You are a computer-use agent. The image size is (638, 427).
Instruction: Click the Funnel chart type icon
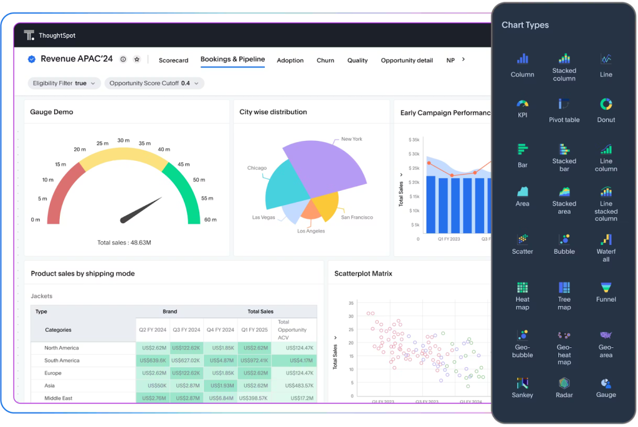[606, 287]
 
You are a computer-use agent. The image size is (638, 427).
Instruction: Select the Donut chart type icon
[606, 104]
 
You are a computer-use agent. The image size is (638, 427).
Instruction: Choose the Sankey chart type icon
[522, 383]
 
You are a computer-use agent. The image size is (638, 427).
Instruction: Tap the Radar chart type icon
[564, 383]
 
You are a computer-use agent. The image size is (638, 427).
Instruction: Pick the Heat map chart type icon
[522, 287]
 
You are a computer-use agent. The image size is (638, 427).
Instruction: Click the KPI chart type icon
[522, 104]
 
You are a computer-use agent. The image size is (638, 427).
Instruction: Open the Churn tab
[325, 60]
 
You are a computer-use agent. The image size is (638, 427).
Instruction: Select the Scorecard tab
[173, 60]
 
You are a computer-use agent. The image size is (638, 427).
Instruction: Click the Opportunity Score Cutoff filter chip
[154, 83]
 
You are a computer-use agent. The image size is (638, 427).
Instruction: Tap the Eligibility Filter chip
[63, 83]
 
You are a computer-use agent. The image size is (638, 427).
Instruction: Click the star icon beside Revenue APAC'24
[137, 59]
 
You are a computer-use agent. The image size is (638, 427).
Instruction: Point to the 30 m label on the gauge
[123, 140]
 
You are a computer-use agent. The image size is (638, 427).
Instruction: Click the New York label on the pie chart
[351, 139]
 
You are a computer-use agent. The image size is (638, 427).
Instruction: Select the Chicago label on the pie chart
[257, 168]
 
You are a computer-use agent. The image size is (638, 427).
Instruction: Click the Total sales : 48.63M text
[124, 242]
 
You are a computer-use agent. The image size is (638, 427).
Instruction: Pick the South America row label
[62, 360]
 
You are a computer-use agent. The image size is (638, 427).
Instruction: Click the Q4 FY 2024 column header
[219, 330]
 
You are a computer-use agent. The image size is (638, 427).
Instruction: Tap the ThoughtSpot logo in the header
[29, 36]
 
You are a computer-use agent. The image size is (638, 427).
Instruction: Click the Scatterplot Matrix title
[363, 274]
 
